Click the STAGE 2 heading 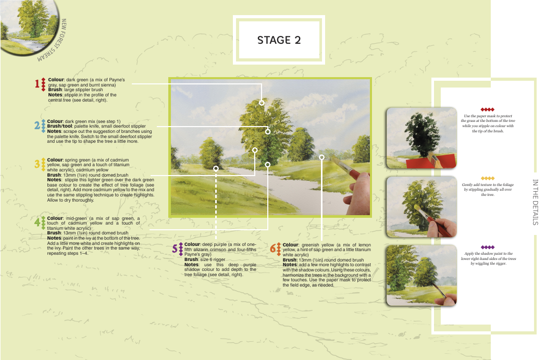tap(279, 40)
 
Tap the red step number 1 tap(37, 83)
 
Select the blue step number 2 tap(37, 126)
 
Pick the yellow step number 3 tap(37, 164)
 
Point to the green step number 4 tap(37, 222)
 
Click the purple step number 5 tap(175, 249)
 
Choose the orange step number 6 tap(273, 249)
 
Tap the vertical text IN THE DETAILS tap(535, 202)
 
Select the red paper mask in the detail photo tap(430, 162)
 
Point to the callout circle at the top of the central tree tap(262, 103)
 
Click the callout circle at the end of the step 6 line tap(321, 157)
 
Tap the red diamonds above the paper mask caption tap(488, 109)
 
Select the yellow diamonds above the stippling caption tap(488, 178)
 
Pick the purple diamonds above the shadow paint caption tap(488, 247)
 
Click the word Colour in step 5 tap(192, 244)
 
